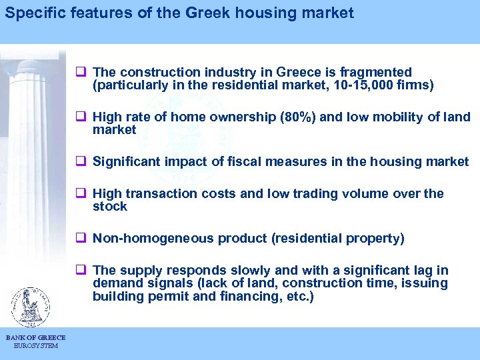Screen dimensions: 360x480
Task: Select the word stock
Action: (x=110, y=207)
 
